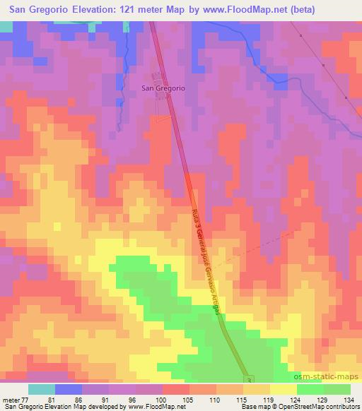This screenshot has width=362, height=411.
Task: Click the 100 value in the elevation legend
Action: (163, 398)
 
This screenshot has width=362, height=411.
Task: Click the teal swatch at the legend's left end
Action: (42, 389)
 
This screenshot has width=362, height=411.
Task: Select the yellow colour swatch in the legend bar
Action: (283, 389)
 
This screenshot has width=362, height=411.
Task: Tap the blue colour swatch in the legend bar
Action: (69, 389)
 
